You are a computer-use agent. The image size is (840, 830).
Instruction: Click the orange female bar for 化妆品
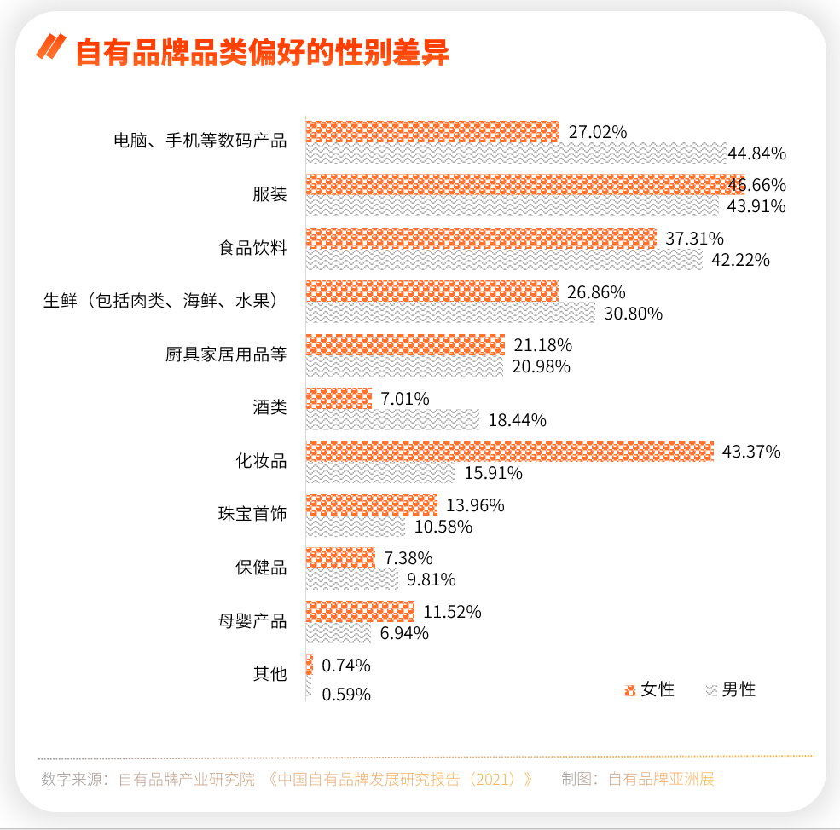[x=509, y=452]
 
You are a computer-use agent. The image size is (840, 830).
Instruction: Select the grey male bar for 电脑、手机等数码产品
[x=516, y=153]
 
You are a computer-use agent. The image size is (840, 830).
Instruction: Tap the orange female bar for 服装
[x=524, y=185]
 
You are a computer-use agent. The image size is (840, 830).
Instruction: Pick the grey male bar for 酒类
[x=392, y=419]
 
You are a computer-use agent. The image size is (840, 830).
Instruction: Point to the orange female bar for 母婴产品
[x=360, y=611]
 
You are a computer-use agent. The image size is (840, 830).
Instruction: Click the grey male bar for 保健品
[x=351, y=579]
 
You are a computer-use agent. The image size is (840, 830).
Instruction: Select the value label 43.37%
[x=751, y=452]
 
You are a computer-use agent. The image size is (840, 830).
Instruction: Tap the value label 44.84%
[x=756, y=153]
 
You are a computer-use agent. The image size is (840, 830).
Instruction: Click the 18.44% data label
[x=517, y=419]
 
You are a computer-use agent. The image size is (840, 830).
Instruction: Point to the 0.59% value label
[x=346, y=695]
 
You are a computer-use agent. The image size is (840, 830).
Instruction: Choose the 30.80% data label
[x=633, y=314]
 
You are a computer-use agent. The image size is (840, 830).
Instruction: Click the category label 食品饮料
[x=252, y=248]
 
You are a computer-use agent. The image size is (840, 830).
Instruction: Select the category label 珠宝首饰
[x=252, y=514]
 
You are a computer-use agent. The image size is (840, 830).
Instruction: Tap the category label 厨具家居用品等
[x=226, y=354]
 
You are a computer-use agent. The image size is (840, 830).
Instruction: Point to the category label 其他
[x=269, y=673]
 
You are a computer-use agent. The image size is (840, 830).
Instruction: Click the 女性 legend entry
[x=650, y=689]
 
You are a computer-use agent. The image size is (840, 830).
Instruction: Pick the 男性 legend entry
[x=731, y=689]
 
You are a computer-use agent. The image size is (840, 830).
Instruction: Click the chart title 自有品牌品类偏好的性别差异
[x=263, y=52]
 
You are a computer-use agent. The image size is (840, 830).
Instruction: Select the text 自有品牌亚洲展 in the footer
[x=661, y=779]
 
